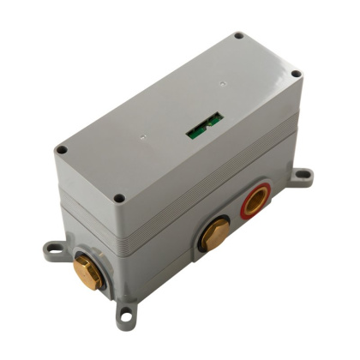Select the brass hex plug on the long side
tap(215, 234)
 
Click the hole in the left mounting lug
tap(51, 249)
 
